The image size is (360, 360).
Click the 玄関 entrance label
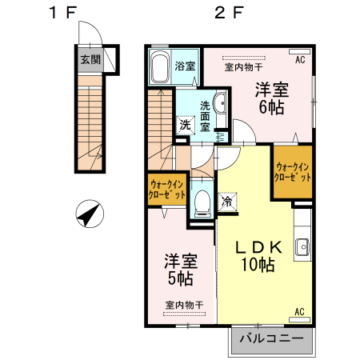pyautogui.click(x=90, y=59)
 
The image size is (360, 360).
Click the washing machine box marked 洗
pyautogui.click(x=185, y=124)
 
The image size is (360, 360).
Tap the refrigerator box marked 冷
pyautogui.click(x=226, y=202)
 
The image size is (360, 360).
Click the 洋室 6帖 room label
pyautogui.click(x=273, y=98)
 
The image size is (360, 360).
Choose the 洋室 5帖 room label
pyautogui.click(x=181, y=270)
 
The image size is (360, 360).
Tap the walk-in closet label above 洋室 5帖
pyautogui.click(x=167, y=190)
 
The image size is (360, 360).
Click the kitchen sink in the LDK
pyautogui.click(x=303, y=247)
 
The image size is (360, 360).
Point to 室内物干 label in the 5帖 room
pyautogui.click(x=185, y=305)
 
